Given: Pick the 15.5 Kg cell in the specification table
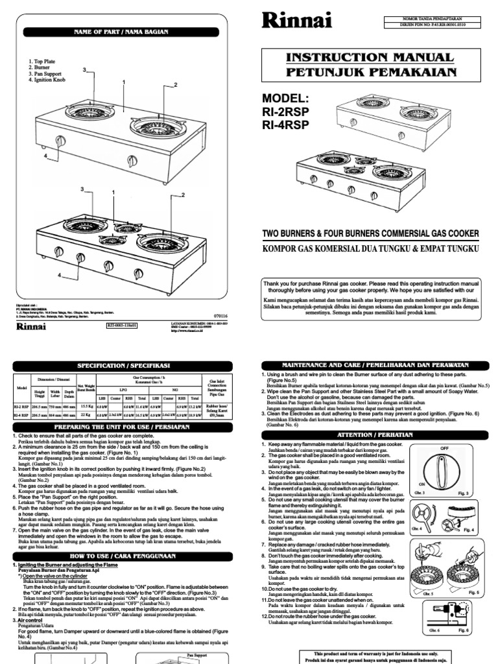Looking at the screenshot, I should [x=86, y=405].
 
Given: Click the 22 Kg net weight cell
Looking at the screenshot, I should [x=86, y=415].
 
